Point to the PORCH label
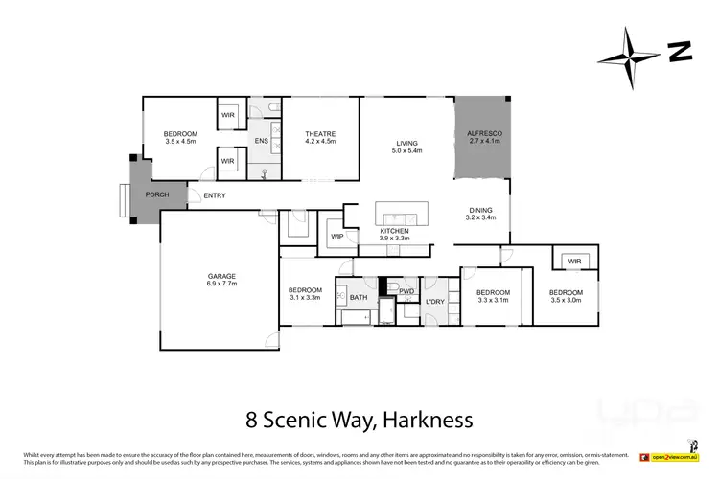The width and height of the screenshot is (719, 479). click(157, 194)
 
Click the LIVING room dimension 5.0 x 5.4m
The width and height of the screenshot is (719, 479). click(407, 151)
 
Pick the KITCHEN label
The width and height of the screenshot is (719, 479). click(395, 231)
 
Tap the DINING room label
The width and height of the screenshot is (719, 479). click(481, 210)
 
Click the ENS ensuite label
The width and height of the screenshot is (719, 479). click(261, 142)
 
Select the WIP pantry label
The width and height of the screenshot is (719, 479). click(337, 236)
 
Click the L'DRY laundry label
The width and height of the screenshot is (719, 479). click(436, 304)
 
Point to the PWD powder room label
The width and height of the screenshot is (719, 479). click(406, 289)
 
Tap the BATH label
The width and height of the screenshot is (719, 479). click(359, 298)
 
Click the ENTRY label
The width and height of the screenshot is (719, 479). click(215, 196)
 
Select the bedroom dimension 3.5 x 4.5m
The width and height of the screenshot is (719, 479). click(180, 142)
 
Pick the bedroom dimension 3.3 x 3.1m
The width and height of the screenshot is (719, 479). click(493, 299)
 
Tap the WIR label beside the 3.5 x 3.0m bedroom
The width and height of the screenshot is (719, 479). click(574, 261)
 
